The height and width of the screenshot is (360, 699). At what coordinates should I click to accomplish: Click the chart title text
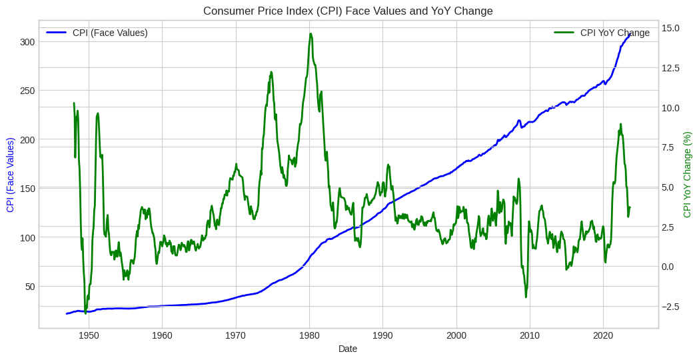(348, 11)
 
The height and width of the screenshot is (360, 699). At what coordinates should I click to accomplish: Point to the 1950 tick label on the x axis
(89, 335)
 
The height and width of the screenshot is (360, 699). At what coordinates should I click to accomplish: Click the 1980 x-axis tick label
(309, 335)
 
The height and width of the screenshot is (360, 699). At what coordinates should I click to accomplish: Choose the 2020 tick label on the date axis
(603, 335)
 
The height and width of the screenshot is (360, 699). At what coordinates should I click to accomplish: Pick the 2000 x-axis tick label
(456, 335)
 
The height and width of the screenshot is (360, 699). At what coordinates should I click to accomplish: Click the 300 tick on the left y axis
(27, 41)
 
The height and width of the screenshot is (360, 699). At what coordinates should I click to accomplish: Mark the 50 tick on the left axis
(29, 286)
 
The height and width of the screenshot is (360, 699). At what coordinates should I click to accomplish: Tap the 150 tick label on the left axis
(27, 188)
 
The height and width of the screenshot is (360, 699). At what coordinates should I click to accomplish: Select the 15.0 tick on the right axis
(671, 28)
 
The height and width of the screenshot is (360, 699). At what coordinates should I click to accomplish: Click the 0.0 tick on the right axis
(671, 267)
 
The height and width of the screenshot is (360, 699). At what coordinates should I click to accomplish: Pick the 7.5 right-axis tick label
(671, 147)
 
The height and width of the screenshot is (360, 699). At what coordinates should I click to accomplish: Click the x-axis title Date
(348, 349)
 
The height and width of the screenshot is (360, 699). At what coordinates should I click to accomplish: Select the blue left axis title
(11, 175)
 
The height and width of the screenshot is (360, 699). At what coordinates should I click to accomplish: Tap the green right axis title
(688, 175)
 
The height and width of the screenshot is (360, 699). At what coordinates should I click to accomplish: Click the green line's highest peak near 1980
(311, 34)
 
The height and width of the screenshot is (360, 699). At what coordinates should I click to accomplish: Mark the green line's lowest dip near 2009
(526, 297)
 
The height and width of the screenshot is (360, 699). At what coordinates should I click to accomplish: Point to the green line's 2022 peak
(620, 124)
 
